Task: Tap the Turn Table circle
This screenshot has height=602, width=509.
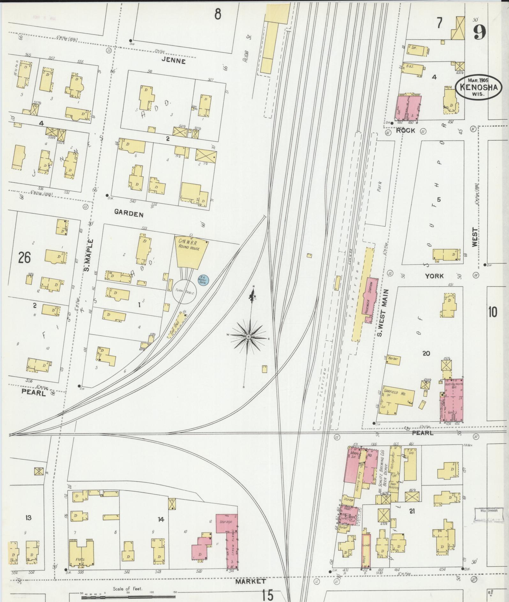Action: [184, 292]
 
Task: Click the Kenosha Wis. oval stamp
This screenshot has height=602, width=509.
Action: [476, 87]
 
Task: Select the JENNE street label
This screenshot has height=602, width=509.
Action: [173, 61]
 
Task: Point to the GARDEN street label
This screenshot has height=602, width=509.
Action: [129, 214]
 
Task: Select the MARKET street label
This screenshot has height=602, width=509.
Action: [251, 581]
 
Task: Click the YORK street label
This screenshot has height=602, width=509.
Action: [434, 275]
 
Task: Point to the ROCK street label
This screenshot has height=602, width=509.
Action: [405, 130]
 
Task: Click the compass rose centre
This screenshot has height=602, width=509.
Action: [248, 337]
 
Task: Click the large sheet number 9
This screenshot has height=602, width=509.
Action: [479, 32]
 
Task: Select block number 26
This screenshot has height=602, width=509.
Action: [24, 257]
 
